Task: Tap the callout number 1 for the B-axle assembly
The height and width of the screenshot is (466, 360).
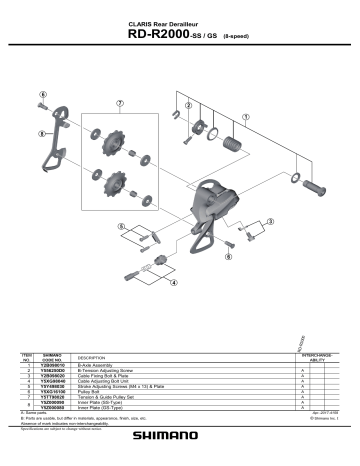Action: [245, 116]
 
